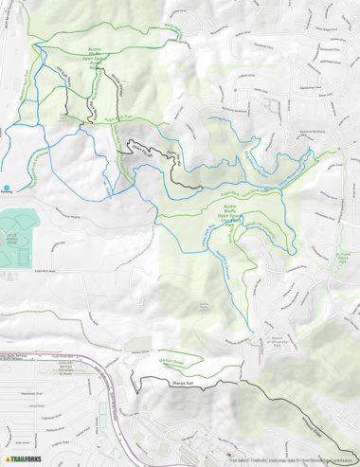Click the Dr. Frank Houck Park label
(347, 256)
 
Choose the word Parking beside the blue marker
(8, 194)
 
